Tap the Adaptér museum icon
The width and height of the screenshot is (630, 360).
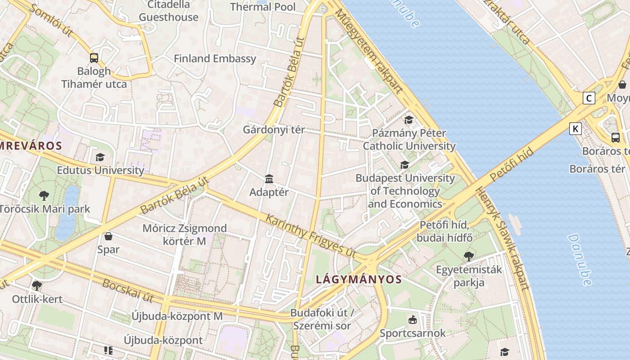pos(269,179)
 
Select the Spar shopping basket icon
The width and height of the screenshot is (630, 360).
pos(108,236)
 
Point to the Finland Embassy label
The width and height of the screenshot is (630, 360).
pos(215,58)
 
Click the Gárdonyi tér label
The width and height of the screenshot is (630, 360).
pos(274,130)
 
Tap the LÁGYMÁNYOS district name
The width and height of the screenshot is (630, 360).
pos(359,279)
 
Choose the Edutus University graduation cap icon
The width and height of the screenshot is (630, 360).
pos(100,157)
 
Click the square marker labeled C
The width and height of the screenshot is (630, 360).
pos(589,98)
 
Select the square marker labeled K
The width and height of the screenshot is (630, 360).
pos(575,129)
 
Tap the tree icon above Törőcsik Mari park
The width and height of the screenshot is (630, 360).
pos(44,195)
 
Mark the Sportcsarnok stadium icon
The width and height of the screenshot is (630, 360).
pos(412,320)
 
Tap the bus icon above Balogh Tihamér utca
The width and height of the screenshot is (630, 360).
pos(94,58)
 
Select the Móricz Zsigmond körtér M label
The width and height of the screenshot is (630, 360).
pos(184,234)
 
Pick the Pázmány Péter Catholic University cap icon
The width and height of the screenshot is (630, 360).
pos(409,120)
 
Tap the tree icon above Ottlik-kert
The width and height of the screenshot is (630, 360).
pos(37,285)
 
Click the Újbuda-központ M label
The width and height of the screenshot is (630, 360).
pos(177,316)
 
